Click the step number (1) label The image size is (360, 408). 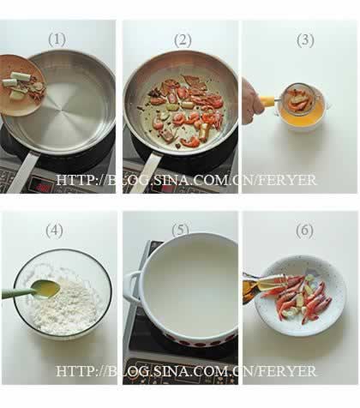tap(57, 39)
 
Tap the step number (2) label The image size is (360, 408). tap(183, 40)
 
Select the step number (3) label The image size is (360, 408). tap(305, 40)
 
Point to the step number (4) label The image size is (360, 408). tap(55, 231)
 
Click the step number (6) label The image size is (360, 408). tap(304, 231)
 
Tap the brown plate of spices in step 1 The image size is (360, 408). tap(21, 86)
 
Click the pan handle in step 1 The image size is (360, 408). tap(23, 171)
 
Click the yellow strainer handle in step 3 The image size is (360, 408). tap(267, 101)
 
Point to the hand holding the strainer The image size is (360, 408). tap(253, 101)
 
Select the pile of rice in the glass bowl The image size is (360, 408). tap(67, 306)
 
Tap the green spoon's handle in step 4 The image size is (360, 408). tap(18, 293)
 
